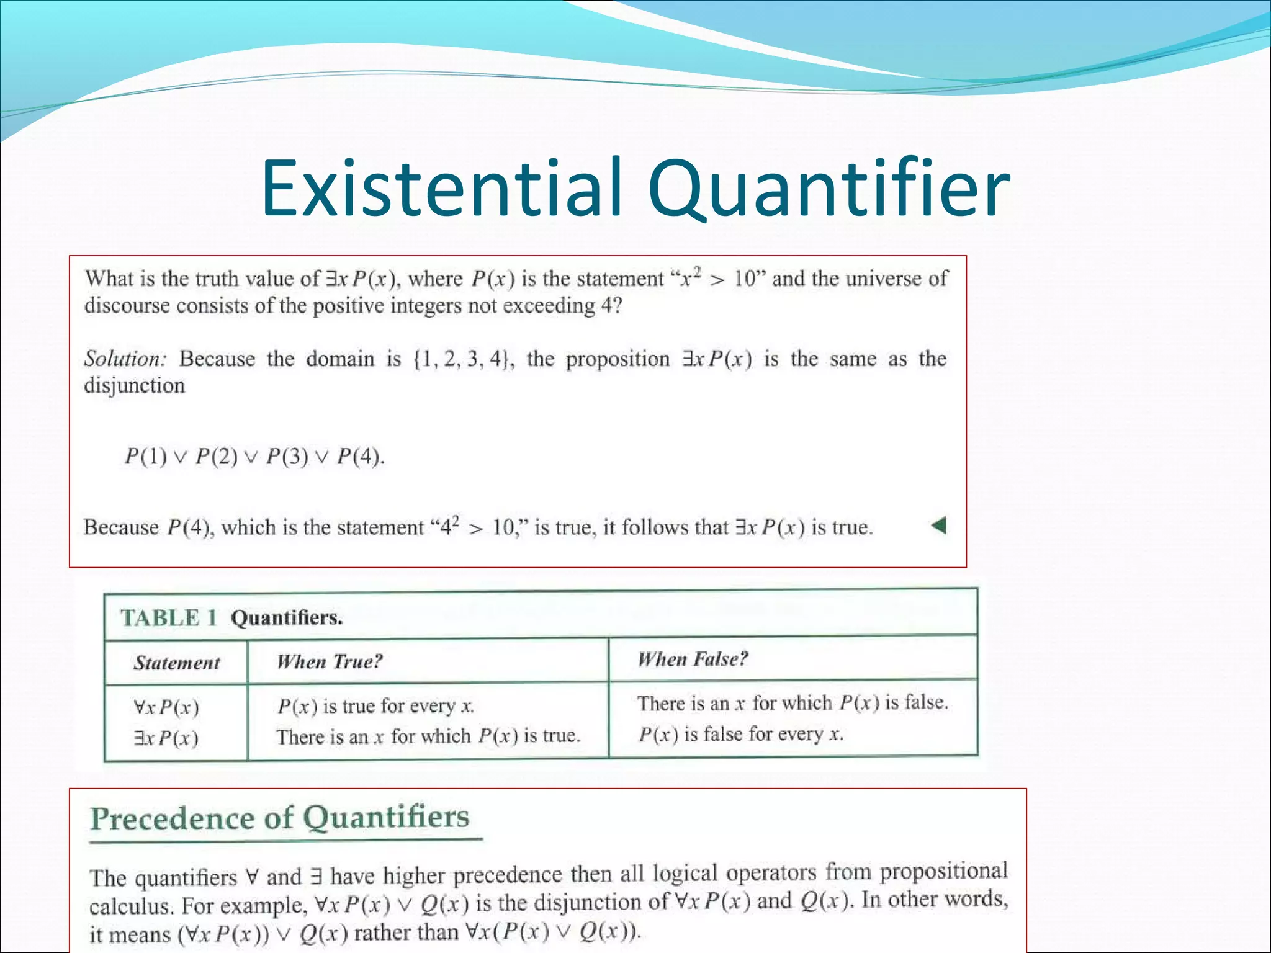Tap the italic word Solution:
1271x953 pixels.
point(125,359)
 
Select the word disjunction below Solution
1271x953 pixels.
point(135,386)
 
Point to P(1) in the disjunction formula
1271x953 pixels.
point(146,457)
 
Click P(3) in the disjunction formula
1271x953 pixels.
point(287,457)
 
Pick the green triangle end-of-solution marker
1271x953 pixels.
point(939,526)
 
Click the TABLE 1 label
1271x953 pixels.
point(169,618)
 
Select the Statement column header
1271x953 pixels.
point(177,663)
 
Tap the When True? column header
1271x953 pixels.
point(330,661)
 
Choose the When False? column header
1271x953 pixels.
point(693,659)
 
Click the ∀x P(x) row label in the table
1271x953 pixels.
point(166,707)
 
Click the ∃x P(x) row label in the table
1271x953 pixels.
point(166,738)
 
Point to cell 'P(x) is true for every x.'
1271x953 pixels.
point(375,706)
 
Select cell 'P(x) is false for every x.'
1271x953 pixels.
point(741,735)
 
